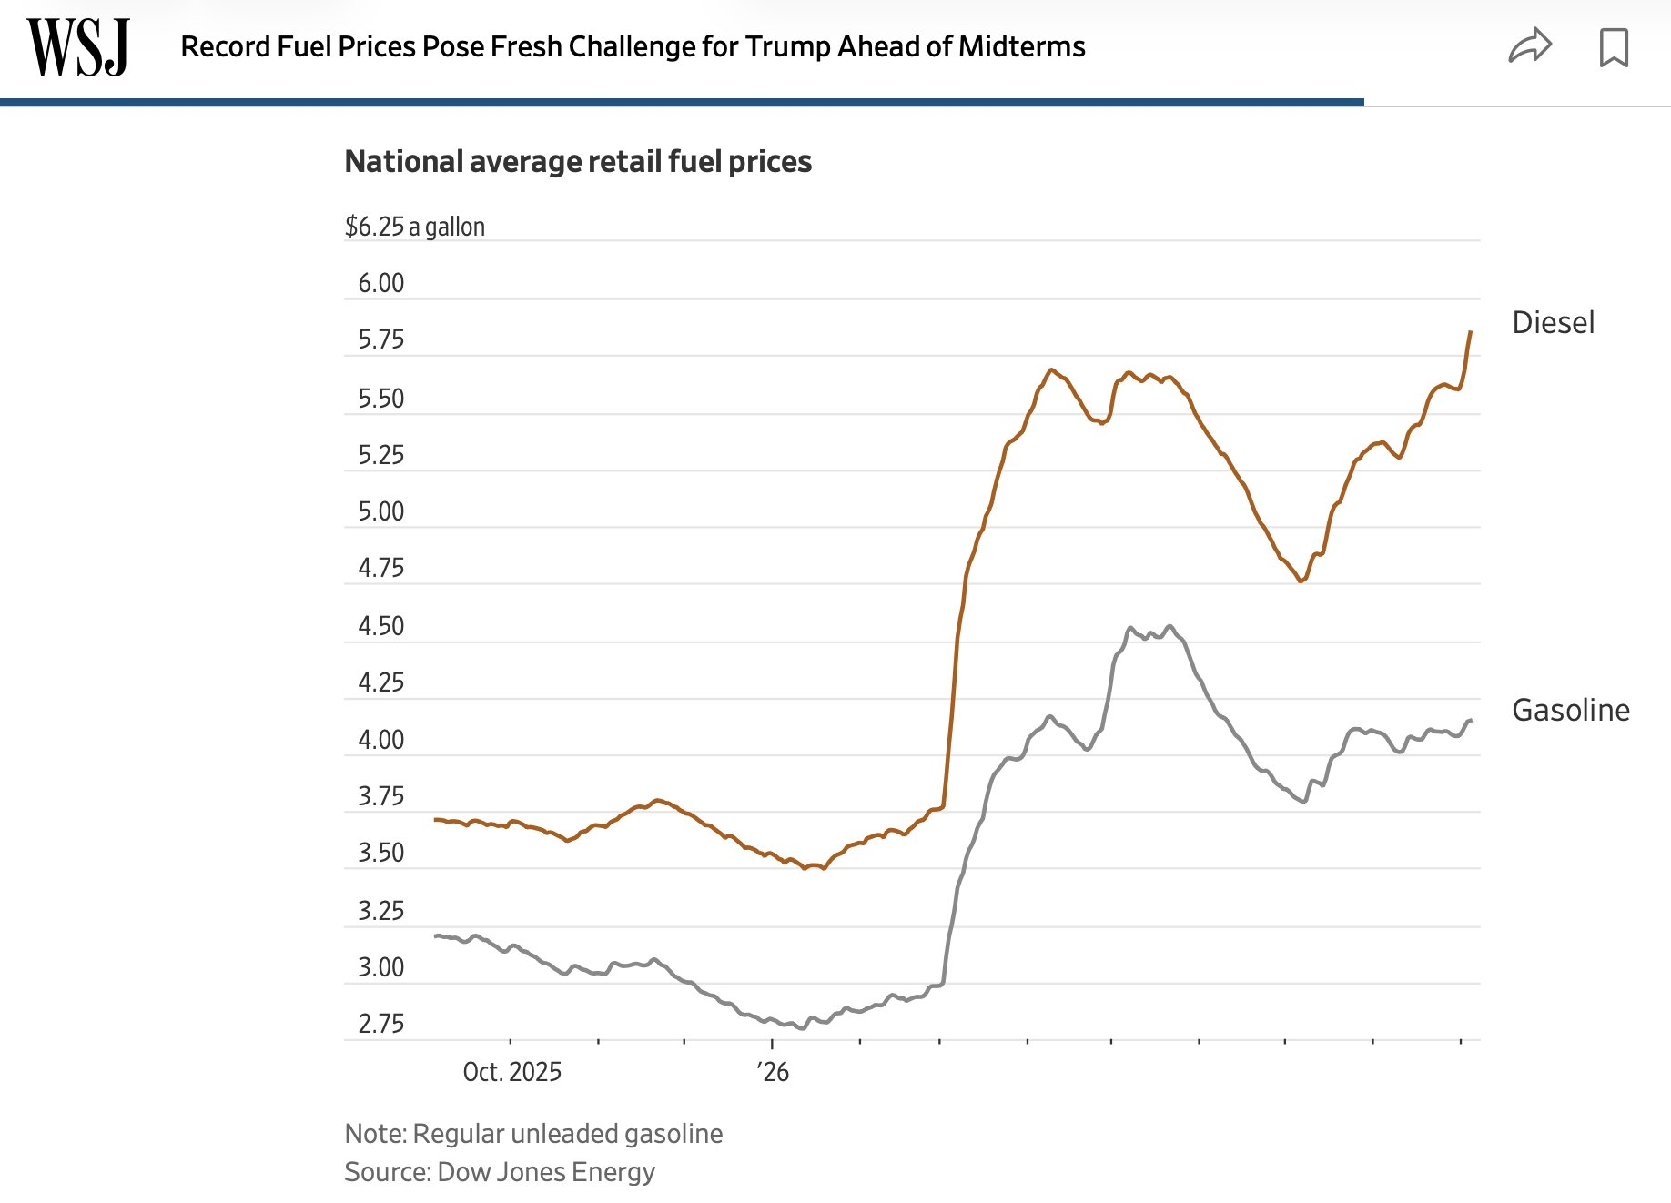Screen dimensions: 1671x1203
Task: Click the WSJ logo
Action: coord(78,47)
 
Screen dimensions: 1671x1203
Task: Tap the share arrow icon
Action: coord(1530,45)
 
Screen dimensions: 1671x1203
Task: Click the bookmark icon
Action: coord(1614,47)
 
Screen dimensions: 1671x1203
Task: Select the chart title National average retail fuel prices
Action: coord(578,161)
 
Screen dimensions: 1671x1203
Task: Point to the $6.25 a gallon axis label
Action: coord(415,227)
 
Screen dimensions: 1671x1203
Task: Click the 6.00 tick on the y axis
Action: coord(380,283)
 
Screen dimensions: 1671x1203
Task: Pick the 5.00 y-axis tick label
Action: coord(380,511)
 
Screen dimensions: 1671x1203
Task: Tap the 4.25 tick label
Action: coord(380,682)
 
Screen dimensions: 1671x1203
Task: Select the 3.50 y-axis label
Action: coord(380,853)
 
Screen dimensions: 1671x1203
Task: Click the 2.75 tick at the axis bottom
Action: coord(380,1024)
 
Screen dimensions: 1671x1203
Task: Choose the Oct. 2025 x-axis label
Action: coord(512,1072)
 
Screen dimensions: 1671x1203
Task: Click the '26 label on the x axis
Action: coord(773,1072)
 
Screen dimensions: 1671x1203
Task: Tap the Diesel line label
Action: coord(1553,323)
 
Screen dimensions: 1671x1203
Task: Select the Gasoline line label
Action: coord(1571,710)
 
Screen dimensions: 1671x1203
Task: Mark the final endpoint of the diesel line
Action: coord(1471,332)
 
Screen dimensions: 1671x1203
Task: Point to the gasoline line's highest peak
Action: coord(1170,626)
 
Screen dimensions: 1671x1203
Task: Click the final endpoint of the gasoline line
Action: coord(1471,721)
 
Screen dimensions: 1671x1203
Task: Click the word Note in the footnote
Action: coord(374,1134)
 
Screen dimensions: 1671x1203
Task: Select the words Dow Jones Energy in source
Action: coord(546,1172)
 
